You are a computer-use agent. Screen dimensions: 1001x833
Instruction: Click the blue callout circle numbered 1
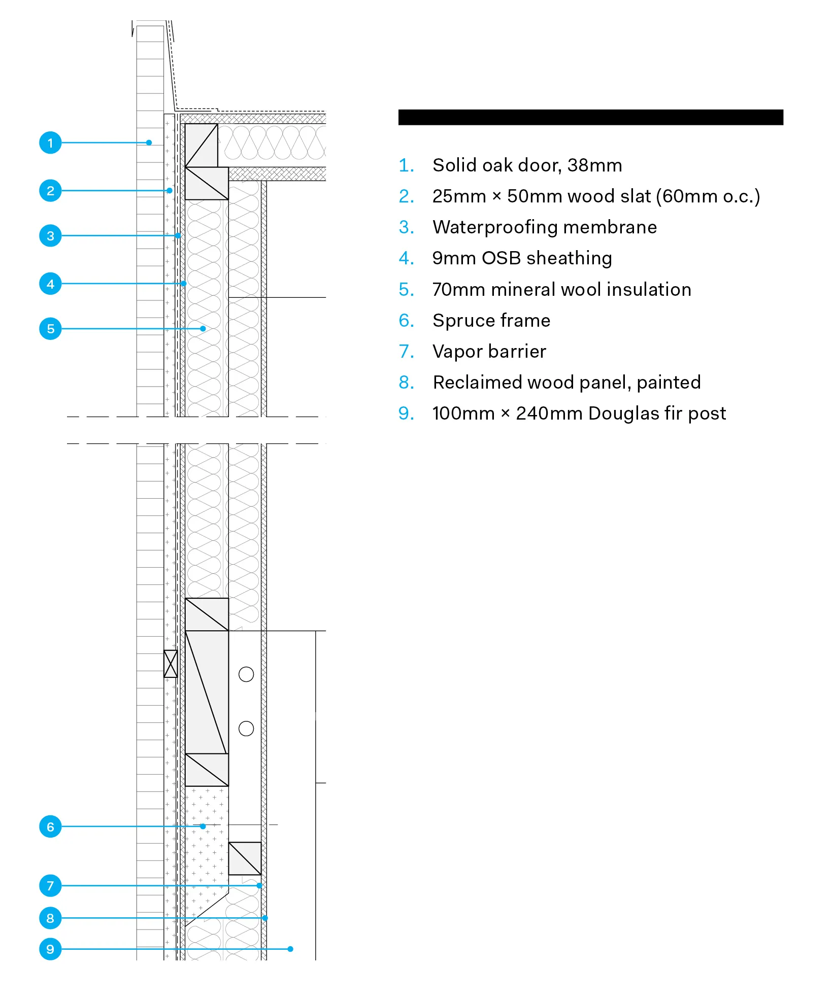(x=50, y=143)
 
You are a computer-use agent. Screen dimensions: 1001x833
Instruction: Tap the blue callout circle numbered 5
(x=50, y=329)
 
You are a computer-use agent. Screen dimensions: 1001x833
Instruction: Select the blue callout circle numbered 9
(x=50, y=949)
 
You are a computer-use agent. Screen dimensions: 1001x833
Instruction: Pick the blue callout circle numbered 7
(x=50, y=886)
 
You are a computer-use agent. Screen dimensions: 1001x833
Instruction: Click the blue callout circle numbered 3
(x=50, y=236)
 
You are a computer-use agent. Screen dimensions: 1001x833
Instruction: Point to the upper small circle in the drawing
(x=246, y=674)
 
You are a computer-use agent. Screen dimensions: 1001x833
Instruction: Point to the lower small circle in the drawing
(x=246, y=729)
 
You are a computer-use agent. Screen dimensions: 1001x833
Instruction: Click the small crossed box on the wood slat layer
(x=171, y=664)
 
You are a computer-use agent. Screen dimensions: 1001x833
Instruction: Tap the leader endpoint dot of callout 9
(x=290, y=949)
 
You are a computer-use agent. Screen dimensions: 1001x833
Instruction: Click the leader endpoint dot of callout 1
(x=149, y=143)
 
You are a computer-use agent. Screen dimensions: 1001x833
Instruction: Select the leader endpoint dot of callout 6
(x=203, y=826)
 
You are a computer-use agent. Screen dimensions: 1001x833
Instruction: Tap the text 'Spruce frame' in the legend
(x=491, y=321)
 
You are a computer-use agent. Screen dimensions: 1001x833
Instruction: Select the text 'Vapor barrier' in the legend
(x=489, y=352)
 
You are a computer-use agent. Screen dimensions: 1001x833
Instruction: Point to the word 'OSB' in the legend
(x=502, y=258)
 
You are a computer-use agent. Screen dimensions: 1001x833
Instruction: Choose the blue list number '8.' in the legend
(x=407, y=383)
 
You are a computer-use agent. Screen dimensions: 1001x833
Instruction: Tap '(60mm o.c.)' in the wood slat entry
(x=708, y=196)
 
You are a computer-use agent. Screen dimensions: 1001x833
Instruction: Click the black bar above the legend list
(x=590, y=117)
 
